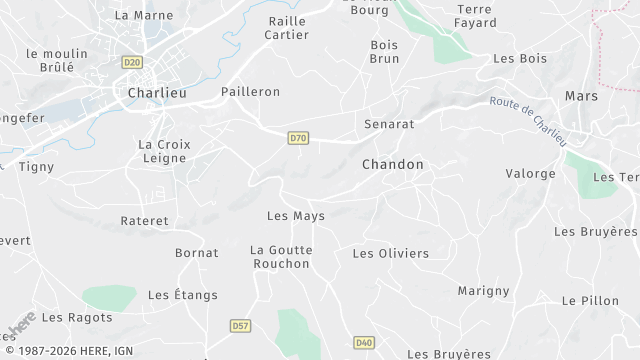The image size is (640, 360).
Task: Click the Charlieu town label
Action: (154, 92)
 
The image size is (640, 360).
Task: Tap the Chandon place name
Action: (393, 164)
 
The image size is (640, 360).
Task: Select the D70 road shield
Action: (297, 138)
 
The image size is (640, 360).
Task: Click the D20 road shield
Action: (132, 62)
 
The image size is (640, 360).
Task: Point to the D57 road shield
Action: (240, 325)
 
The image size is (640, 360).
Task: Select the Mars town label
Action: (580, 95)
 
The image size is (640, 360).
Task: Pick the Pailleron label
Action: (250, 92)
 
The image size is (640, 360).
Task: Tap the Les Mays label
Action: (296, 216)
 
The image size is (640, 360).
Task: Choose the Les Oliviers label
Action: (391, 253)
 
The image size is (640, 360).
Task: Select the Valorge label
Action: (530, 174)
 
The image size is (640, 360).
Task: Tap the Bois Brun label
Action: (384, 52)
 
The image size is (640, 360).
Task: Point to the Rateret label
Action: (145, 220)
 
